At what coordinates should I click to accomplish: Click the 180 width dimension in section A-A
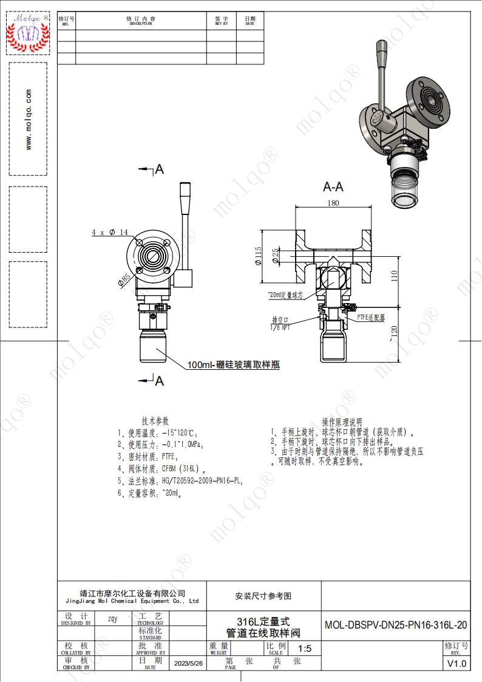click(x=333, y=203)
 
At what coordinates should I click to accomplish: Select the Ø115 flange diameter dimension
click(x=258, y=255)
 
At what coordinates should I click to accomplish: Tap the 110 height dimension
click(x=395, y=277)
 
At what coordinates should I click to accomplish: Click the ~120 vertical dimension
click(x=395, y=332)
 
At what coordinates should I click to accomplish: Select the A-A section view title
click(x=333, y=187)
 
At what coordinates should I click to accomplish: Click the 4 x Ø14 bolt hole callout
click(x=110, y=233)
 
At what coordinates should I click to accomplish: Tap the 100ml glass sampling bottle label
click(x=233, y=365)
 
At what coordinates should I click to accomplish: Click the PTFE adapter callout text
click(x=371, y=317)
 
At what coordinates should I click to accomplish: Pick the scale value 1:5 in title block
click(x=304, y=649)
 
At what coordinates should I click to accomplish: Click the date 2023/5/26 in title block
click(x=189, y=664)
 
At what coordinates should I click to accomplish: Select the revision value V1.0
click(x=457, y=664)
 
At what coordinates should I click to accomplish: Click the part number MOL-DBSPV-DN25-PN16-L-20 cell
click(x=396, y=625)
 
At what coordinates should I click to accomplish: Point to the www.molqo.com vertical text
click(x=29, y=120)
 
